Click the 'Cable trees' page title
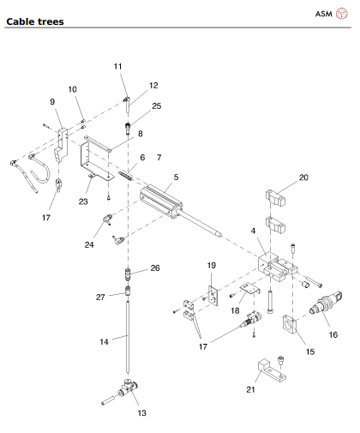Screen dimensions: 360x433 click(35, 21)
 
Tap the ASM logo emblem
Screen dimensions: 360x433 click(341, 14)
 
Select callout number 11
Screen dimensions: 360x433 click(117, 66)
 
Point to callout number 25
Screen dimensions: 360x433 click(157, 106)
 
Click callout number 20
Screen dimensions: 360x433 click(303, 177)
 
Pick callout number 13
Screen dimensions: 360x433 click(141, 412)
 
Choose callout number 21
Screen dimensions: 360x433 click(250, 389)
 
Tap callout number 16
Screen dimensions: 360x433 click(333, 334)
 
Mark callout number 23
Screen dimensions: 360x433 click(83, 201)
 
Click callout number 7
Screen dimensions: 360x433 click(159, 157)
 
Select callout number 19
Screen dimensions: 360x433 click(212, 265)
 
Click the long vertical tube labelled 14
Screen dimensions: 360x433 click(128, 336)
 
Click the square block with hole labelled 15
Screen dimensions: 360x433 click(290, 324)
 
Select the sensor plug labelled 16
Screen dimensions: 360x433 click(326, 304)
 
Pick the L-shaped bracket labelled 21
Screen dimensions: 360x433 click(272, 370)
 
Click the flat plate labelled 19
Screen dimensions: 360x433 click(213, 296)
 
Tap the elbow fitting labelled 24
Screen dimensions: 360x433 click(107, 219)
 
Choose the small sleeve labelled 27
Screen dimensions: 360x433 click(129, 291)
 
